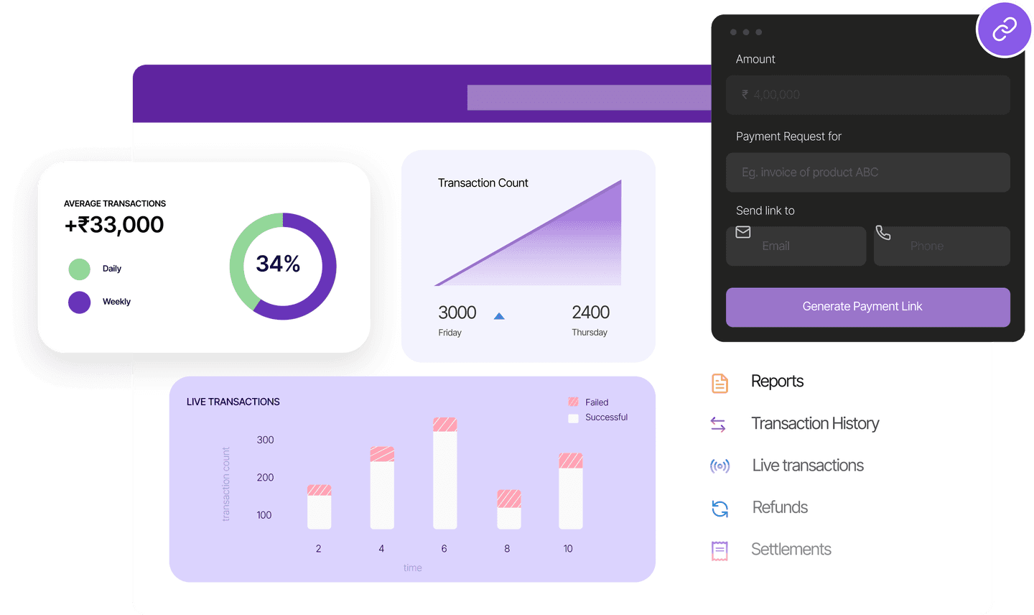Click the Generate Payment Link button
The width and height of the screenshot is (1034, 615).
tap(867, 307)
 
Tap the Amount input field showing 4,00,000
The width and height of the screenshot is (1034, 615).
tap(867, 95)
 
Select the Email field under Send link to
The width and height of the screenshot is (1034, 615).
tap(796, 246)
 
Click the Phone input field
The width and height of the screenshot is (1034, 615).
tap(941, 246)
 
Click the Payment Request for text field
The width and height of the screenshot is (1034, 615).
tap(867, 172)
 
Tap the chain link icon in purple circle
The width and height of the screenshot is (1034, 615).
tap(1004, 29)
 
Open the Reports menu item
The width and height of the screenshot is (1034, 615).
tap(777, 382)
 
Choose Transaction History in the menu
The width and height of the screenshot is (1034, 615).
tap(814, 424)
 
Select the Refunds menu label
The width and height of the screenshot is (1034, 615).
tap(780, 508)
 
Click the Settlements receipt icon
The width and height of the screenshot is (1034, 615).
tap(719, 550)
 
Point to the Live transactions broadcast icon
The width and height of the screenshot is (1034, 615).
tap(719, 466)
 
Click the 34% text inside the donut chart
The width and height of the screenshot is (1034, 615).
tap(278, 264)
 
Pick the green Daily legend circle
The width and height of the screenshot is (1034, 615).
tap(79, 269)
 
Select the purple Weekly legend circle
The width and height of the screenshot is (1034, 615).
tap(79, 302)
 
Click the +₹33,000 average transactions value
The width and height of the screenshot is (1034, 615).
tap(114, 225)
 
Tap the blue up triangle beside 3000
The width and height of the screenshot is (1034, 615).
tap(499, 316)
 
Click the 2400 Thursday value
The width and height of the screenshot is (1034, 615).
tap(590, 313)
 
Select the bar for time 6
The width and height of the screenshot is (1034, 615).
tap(444, 474)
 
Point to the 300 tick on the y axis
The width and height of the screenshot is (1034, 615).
tap(265, 440)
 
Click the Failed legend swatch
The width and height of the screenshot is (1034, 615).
tap(573, 402)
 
